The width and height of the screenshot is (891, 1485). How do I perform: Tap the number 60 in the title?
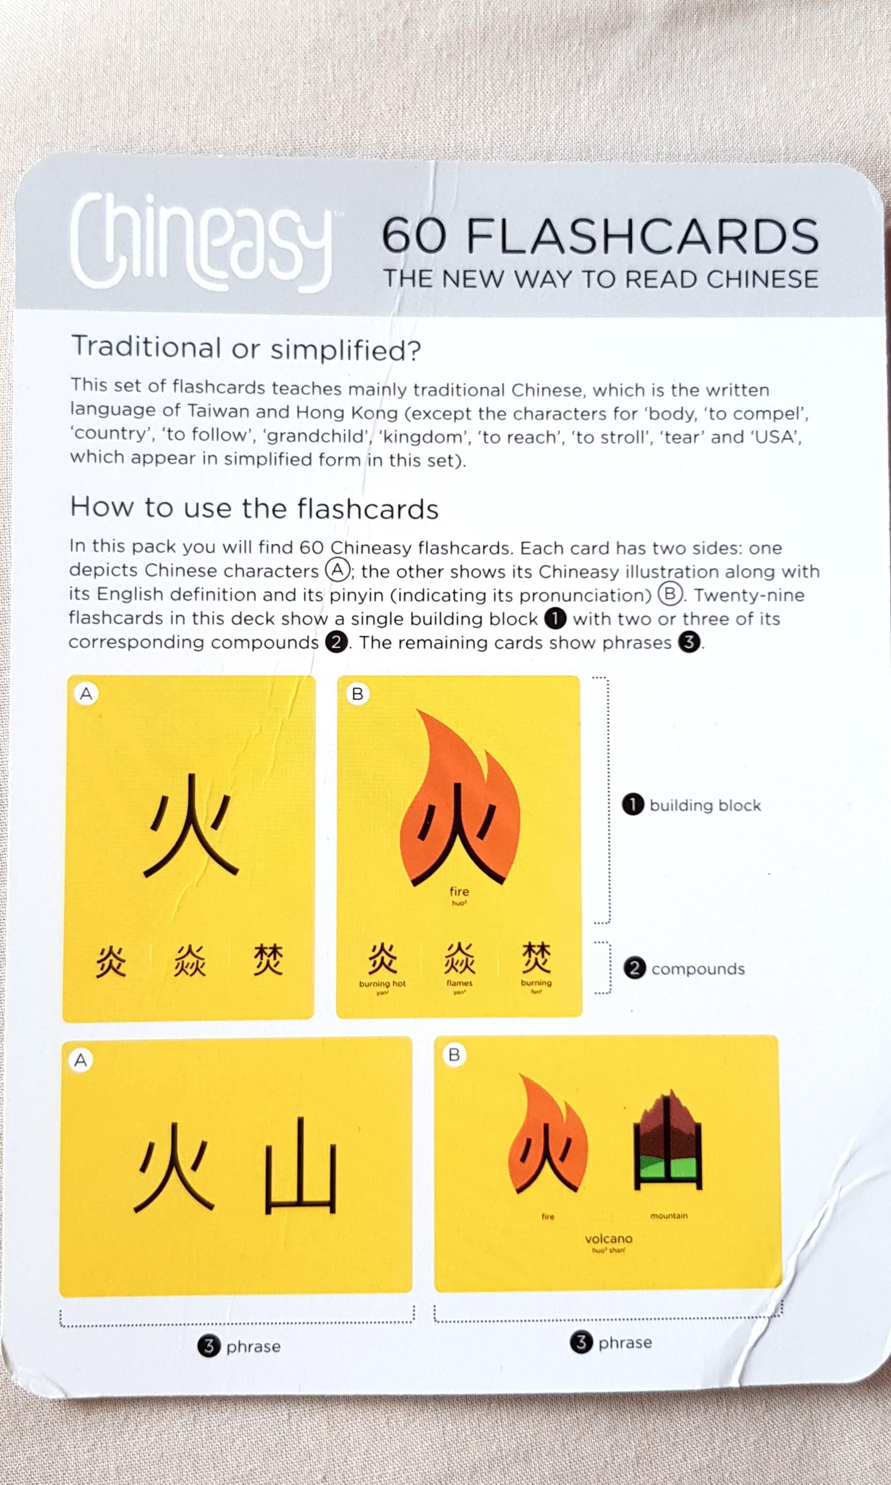[414, 236]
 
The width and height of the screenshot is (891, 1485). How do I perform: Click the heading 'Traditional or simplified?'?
[246, 348]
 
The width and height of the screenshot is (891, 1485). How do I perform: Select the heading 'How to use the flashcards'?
[254, 508]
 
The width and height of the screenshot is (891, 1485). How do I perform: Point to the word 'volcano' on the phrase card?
[608, 1238]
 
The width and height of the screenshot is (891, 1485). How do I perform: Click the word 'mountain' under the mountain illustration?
[668, 1215]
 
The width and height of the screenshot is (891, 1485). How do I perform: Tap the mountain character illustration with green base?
[668, 1141]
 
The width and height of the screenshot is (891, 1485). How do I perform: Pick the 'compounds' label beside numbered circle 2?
[698, 969]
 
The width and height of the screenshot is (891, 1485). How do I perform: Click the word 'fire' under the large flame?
[459, 891]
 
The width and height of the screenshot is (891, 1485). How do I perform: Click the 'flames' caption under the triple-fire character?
[459, 983]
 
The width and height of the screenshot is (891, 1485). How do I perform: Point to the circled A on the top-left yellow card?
[86, 694]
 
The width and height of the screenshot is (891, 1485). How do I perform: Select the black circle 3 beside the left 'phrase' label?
[208, 1346]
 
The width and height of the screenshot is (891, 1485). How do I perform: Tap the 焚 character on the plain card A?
[268, 960]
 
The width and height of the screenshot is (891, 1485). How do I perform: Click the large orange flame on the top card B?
[459, 799]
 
